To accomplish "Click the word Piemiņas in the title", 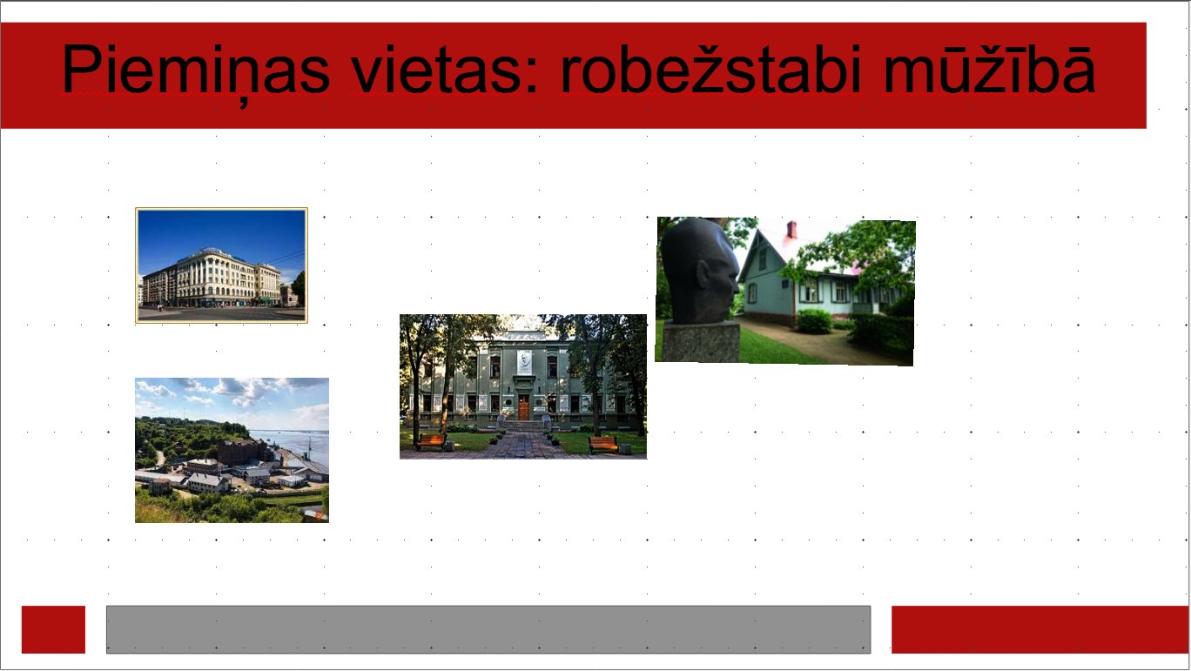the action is [x=196, y=71].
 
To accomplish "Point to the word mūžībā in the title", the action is [x=989, y=68].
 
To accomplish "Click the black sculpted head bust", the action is [x=698, y=270].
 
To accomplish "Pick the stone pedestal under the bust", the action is [x=701, y=342].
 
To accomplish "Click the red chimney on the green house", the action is [x=791, y=230].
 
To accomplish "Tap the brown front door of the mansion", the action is [x=524, y=407].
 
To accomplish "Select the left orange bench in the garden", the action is [x=431, y=441].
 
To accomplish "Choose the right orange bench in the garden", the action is [x=603, y=444].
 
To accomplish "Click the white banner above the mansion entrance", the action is [x=524, y=362].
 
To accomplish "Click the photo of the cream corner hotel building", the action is [x=221, y=265].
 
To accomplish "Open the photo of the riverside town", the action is [x=232, y=450].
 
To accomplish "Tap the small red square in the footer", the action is [x=53, y=629].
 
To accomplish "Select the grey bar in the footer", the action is [x=488, y=629].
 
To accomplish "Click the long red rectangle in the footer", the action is [x=1040, y=629].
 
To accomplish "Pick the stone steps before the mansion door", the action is [x=524, y=426].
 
